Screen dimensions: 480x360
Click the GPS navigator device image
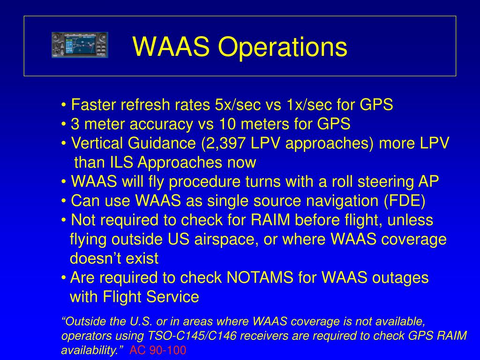pos(80,45)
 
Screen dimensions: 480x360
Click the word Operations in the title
pos(283,47)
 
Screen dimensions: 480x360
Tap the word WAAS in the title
pos(171,46)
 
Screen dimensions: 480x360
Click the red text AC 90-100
pos(157,350)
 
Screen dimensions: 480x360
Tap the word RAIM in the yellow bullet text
pos(270,220)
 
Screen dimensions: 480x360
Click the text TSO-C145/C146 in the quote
pos(192,336)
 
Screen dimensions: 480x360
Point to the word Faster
pos(94,105)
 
